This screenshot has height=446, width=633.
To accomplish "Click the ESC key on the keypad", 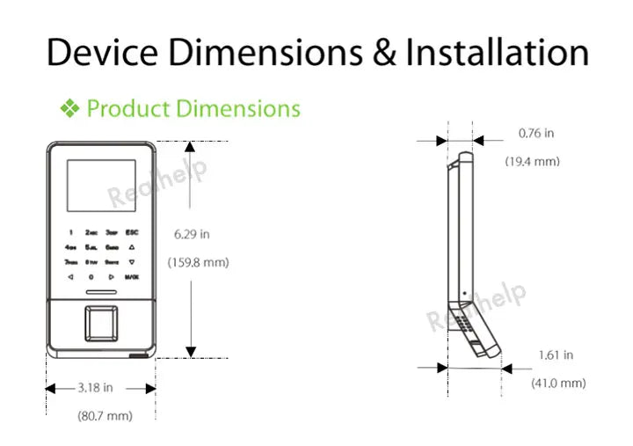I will click(131, 233).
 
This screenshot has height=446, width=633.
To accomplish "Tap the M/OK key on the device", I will click(131, 276).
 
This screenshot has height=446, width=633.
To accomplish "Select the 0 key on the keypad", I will click(91, 276).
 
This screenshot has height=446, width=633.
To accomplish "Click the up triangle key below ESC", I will click(131, 247).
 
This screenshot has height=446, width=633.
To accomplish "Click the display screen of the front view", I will click(100, 186).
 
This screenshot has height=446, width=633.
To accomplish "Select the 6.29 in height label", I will click(192, 234).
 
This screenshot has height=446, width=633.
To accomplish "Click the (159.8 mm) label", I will click(198, 261).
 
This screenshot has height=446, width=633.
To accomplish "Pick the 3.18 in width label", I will click(95, 387).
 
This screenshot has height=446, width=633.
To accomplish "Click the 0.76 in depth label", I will click(536, 134).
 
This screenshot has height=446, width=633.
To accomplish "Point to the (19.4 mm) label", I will click(532, 162).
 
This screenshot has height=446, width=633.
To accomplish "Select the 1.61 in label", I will click(556, 355).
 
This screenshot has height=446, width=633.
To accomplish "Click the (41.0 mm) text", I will click(557, 383).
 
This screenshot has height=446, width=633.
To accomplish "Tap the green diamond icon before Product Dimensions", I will click(69, 109).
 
